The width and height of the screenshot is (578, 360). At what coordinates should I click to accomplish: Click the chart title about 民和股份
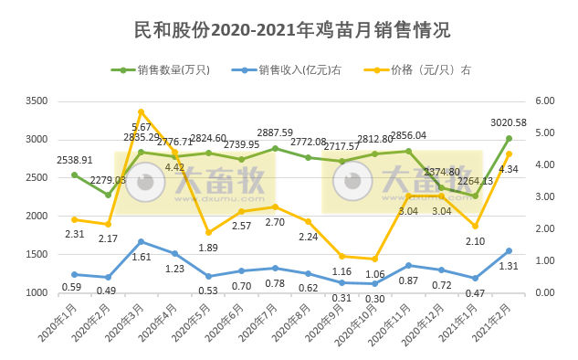[289, 30]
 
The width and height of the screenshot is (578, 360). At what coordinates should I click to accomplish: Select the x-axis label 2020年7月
[259, 322]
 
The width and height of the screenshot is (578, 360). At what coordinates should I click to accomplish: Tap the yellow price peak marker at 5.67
[142, 112]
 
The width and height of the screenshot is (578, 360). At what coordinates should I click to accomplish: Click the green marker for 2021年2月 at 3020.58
[509, 139]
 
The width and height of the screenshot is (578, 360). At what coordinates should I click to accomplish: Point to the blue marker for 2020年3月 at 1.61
[142, 241]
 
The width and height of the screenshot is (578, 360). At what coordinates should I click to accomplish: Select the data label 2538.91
[75, 160]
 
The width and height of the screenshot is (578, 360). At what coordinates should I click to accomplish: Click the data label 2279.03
[109, 180]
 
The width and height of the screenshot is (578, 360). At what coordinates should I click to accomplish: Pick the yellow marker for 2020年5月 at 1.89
[208, 232]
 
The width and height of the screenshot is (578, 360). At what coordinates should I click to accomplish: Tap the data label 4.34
[510, 169]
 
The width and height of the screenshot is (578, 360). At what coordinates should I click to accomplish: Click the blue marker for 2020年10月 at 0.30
[375, 283]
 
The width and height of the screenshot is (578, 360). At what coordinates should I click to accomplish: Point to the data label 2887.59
[275, 132]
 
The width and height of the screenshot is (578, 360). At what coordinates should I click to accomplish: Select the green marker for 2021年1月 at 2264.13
[475, 196]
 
